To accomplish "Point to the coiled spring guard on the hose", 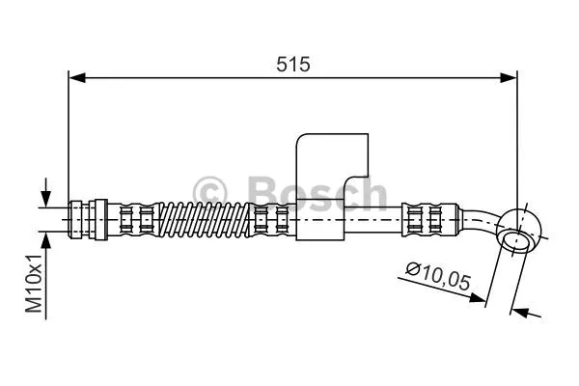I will [x=202, y=219].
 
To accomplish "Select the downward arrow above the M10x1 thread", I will [x=43, y=193].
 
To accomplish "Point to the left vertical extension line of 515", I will [x=68, y=135].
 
